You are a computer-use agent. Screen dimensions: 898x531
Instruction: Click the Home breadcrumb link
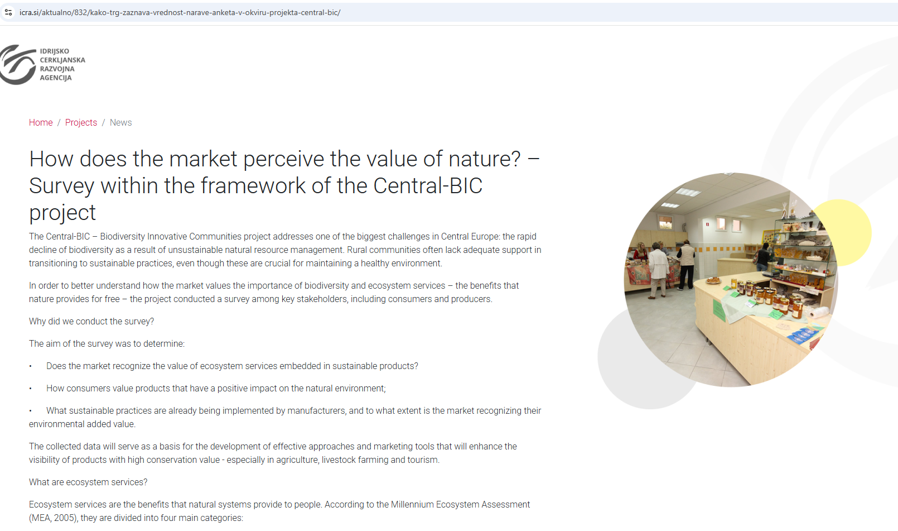[x=41, y=122]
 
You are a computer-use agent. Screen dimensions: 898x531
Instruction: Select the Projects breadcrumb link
[x=81, y=122]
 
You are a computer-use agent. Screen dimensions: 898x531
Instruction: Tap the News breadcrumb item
[x=120, y=122]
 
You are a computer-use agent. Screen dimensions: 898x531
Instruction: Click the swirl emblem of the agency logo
[x=17, y=64]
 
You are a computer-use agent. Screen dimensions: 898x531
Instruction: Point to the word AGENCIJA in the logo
[x=56, y=78]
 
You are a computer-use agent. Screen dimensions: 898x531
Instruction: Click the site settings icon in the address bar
[x=8, y=12]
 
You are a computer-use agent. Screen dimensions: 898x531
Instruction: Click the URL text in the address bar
[x=180, y=12]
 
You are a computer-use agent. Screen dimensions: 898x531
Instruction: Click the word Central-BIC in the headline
[x=428, y=186]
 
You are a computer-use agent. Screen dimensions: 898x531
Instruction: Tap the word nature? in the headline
[x=484, y=159]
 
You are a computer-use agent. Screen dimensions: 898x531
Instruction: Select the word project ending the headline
[x=62, y=213]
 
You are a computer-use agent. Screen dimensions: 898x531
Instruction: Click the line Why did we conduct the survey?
[x=91, y=322]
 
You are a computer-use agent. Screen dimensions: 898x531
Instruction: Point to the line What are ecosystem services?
[x=88, y=482]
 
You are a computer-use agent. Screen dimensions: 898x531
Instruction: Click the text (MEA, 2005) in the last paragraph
[x=54, y=518]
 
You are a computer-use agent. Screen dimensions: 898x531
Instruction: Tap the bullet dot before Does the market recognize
[x=31, y=366]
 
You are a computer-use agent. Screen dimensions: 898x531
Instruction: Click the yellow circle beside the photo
[x=850, y=232]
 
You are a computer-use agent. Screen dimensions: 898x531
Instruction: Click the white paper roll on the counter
[x=815, y=312]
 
